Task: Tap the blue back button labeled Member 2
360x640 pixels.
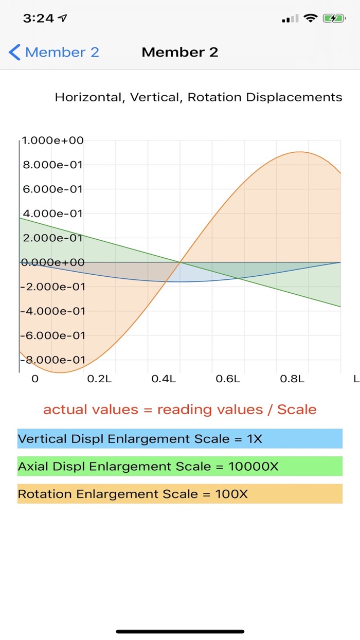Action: point(54,52)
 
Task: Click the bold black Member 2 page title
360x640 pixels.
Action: point(180,52)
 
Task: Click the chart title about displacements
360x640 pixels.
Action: point(199,97)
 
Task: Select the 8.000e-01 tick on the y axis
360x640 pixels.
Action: point(52,165)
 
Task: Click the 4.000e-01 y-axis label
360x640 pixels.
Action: point(52,214)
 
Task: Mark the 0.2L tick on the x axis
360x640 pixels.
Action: point(99,379)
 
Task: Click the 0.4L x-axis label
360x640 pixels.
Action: point(164,379)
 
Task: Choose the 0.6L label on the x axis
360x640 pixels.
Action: point(228,379)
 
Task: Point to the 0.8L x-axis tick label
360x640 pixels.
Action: point(292,379)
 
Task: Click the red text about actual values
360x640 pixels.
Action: point(180,410)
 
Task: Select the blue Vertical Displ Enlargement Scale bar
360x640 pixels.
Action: point(180,439)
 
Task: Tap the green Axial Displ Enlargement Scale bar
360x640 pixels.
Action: point(180,466)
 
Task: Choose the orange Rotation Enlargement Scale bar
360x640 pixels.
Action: point(180,494)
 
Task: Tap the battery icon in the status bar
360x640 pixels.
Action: point(334,19)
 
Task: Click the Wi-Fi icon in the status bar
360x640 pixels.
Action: point(311,19)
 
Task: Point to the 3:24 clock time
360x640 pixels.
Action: point(39,19)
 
